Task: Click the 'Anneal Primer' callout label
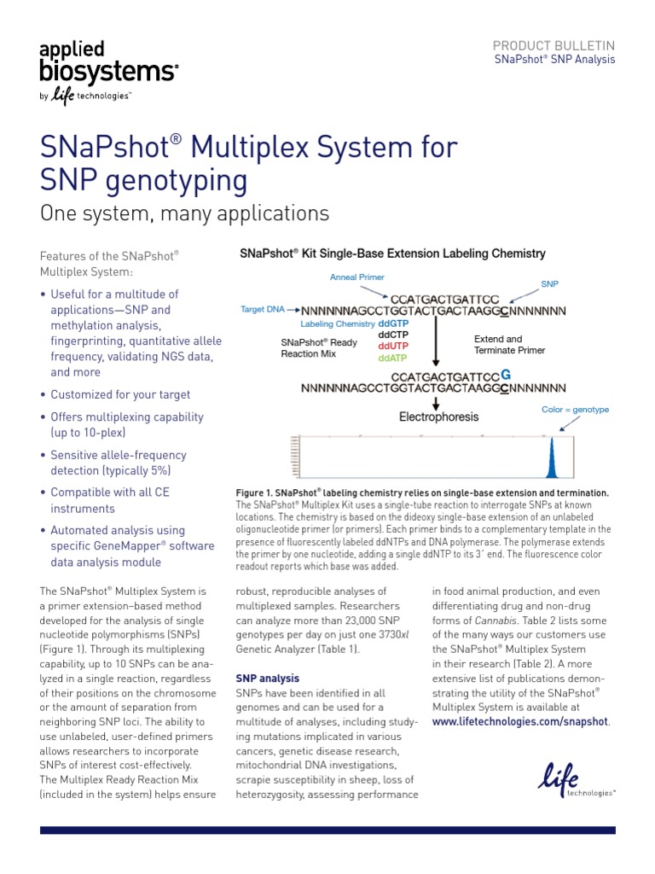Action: click(356, 277)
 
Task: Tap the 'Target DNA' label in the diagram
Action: click(262, 309)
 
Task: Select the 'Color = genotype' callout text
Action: click(575, 410)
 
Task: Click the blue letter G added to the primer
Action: click(506, 375)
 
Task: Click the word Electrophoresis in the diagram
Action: click(439, 417)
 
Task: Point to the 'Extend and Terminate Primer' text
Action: click(509, 345)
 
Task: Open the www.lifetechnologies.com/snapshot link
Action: click(520, 721)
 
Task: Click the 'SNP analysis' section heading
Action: click(267, 679)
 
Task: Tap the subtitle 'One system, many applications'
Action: click(184, 213)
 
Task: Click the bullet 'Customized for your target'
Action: click(120, 395)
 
